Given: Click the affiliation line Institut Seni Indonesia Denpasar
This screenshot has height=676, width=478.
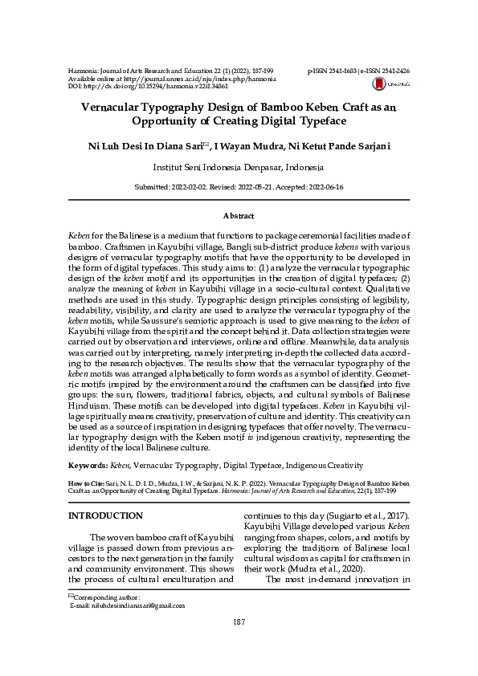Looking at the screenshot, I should (239, 168).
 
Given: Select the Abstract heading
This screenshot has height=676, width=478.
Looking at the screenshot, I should (239, 216).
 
